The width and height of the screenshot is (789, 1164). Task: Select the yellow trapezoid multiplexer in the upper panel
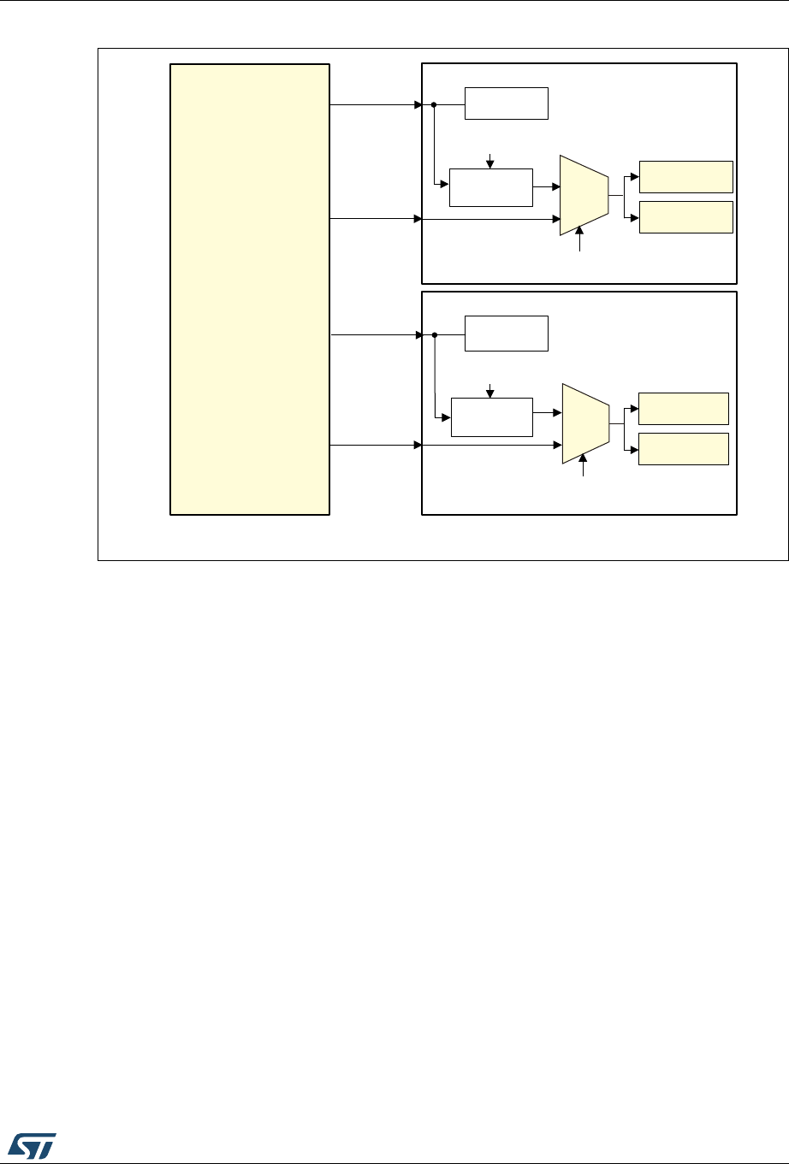tap(584, 195)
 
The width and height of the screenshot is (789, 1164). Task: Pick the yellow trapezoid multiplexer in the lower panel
tap(585, 423)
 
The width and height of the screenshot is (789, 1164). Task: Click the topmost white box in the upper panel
tap(506, 103)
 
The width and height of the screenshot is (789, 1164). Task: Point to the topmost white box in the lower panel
tap(506, 333)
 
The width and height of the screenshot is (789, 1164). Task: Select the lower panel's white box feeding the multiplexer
tap(491, 417)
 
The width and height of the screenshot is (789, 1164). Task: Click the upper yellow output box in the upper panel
tap(686, 176)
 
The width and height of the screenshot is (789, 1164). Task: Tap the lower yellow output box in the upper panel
tap(686, 217)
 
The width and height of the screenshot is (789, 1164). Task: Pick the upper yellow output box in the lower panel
tap(684, 409)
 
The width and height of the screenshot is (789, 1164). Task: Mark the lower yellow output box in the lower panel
tap(684, 449)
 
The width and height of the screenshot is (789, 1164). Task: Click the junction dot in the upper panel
tap(434, 105)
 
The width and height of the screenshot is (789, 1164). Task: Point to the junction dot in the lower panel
tap(435, 334)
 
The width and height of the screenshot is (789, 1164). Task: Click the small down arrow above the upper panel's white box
tap(489, 160)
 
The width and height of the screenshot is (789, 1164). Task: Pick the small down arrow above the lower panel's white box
tap(489, 389)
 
